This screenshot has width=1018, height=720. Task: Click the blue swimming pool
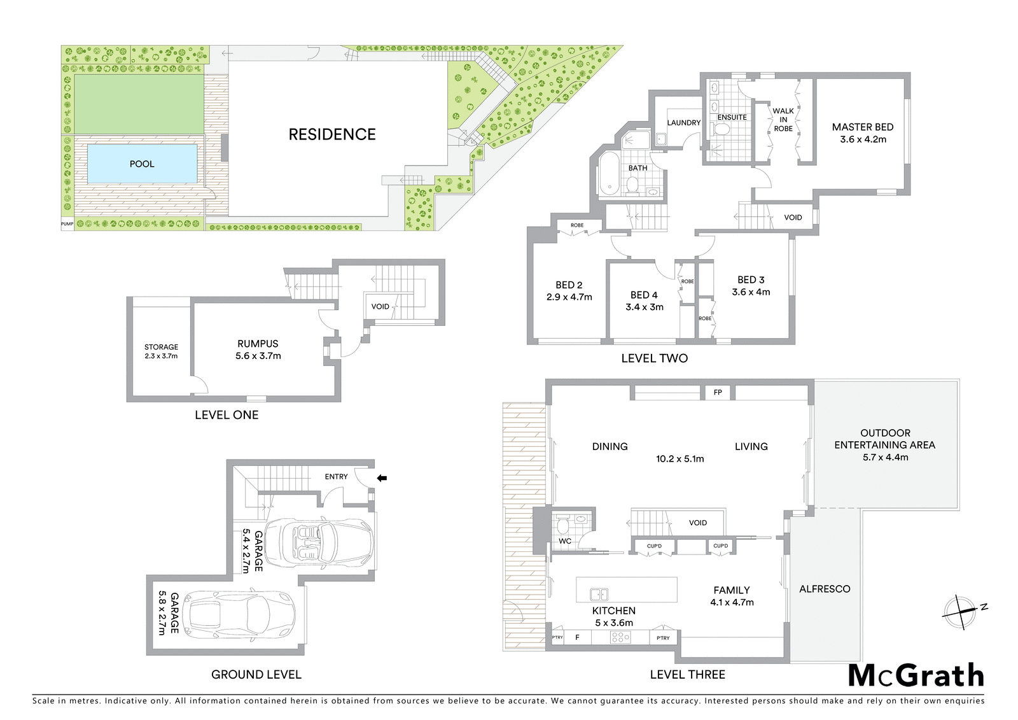tap(143, 164)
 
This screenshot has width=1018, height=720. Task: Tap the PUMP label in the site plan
tap(67, 224)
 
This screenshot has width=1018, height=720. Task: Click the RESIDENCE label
tap(332, 134)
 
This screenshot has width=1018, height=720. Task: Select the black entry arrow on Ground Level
tap(382, 478)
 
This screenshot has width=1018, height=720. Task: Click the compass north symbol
tap(959, 612)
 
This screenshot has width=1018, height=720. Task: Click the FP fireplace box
tap(718, 393)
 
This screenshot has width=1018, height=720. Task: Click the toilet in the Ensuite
tap(720, 131)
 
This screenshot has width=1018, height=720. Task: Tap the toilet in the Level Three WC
tap(562, 527)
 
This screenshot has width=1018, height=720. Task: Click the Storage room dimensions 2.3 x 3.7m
tap(162, 356)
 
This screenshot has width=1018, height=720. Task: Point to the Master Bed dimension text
tap(863, 139)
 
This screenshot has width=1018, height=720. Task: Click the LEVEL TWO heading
tap(655, 358)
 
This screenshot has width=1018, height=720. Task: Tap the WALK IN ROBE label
tap(783, 120)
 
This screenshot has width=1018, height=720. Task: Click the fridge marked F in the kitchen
tap(577, 637)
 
